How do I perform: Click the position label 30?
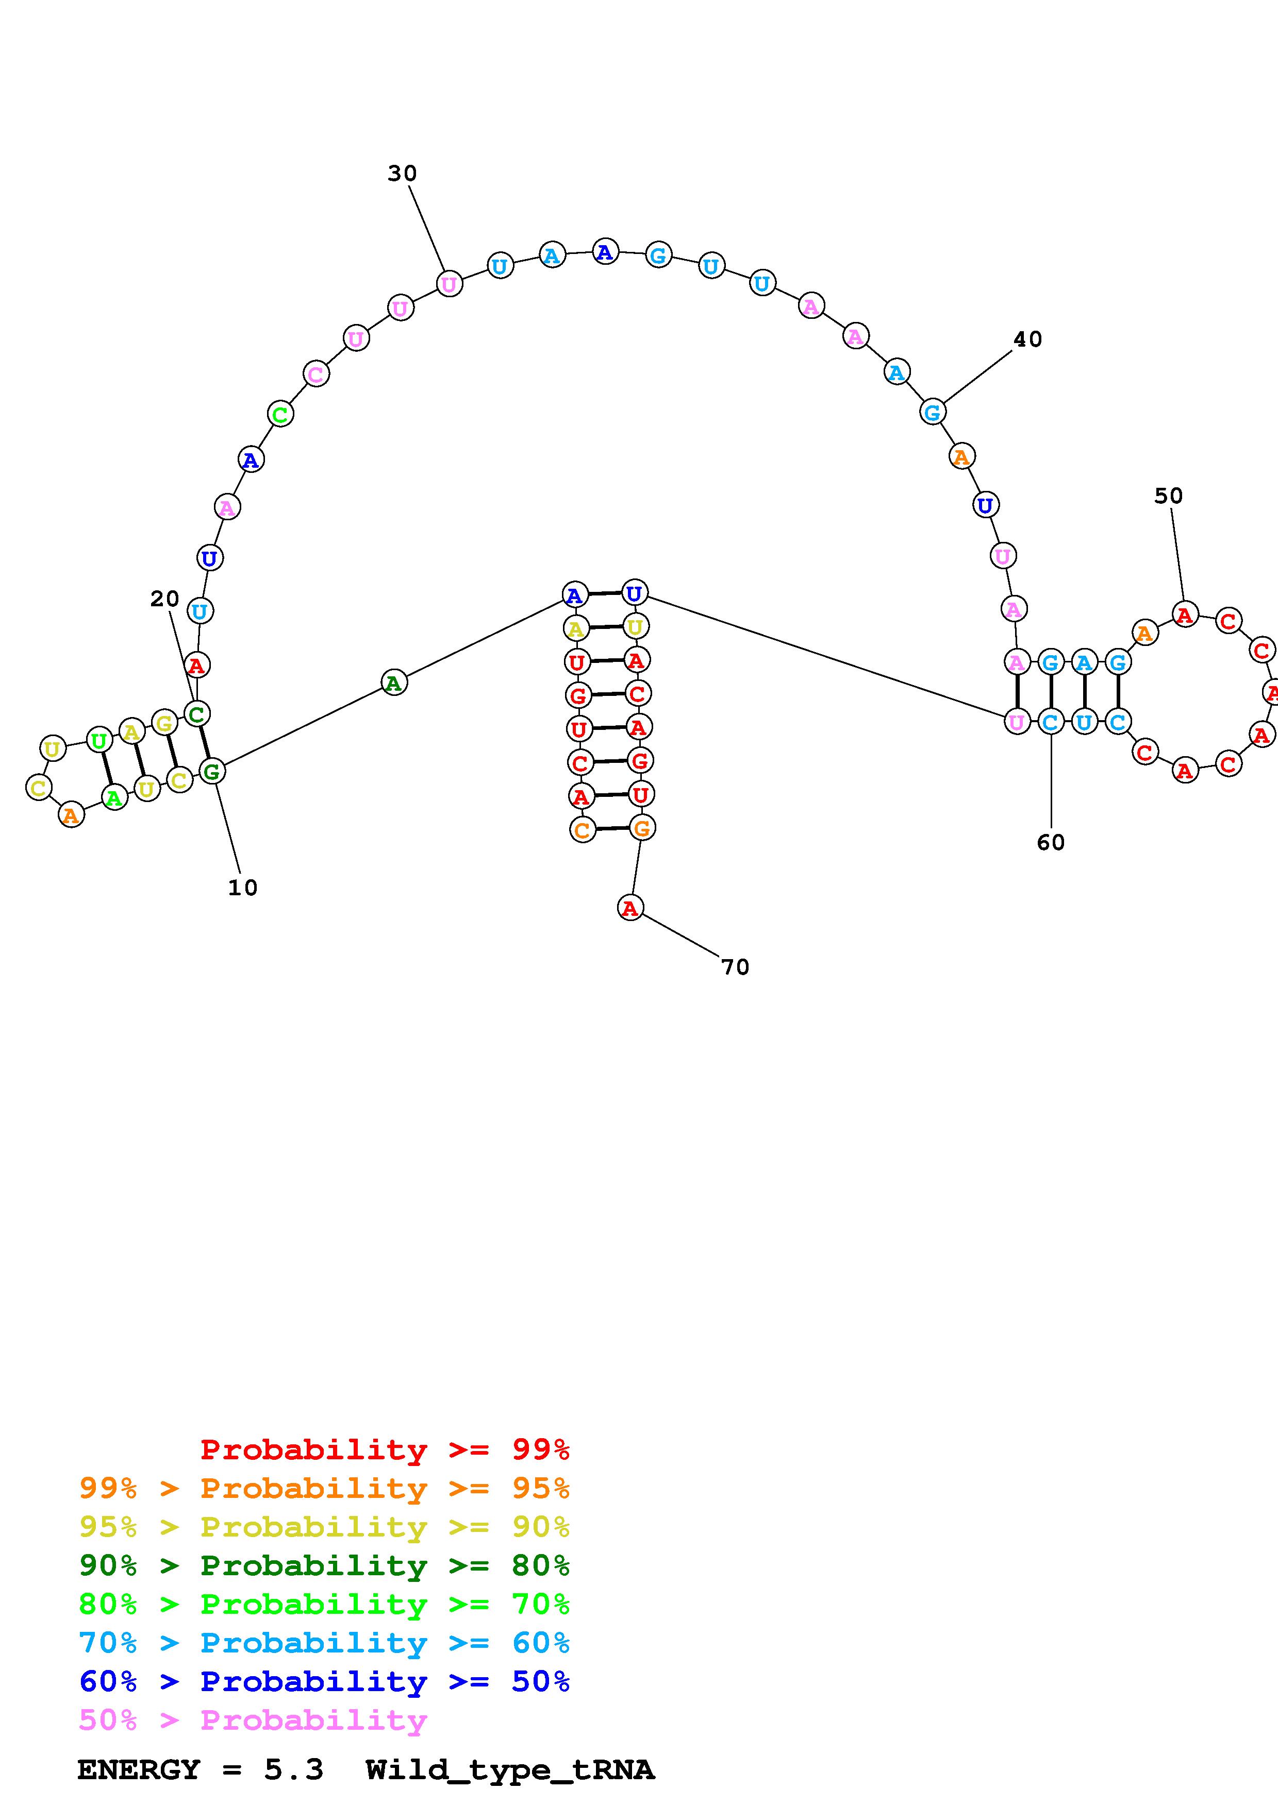click(x=402, y=173)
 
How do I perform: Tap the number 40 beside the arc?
click(x=1027, y=339)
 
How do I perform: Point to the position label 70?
click(x=735, y=967)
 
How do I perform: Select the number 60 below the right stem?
click(x=1051, y=843)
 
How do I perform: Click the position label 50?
click(x=1169, y=496)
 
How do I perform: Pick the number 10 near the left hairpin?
click(x=242, y=888)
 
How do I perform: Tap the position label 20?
click(x=164, y=599)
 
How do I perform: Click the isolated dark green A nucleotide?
click(x=394, y=683)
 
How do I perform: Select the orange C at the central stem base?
click(x=582, y=829)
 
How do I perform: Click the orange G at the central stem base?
click(x=642, y=828)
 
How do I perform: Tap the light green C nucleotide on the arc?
click(x=280, y=414)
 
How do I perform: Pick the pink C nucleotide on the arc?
click(x=316, y=374)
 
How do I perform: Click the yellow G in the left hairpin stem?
click(x=164, y=722)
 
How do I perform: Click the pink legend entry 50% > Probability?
click(x=253, y=1719)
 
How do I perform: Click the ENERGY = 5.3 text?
click(x=200, y=1769)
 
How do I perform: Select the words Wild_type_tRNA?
click(x=509, y=1769)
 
